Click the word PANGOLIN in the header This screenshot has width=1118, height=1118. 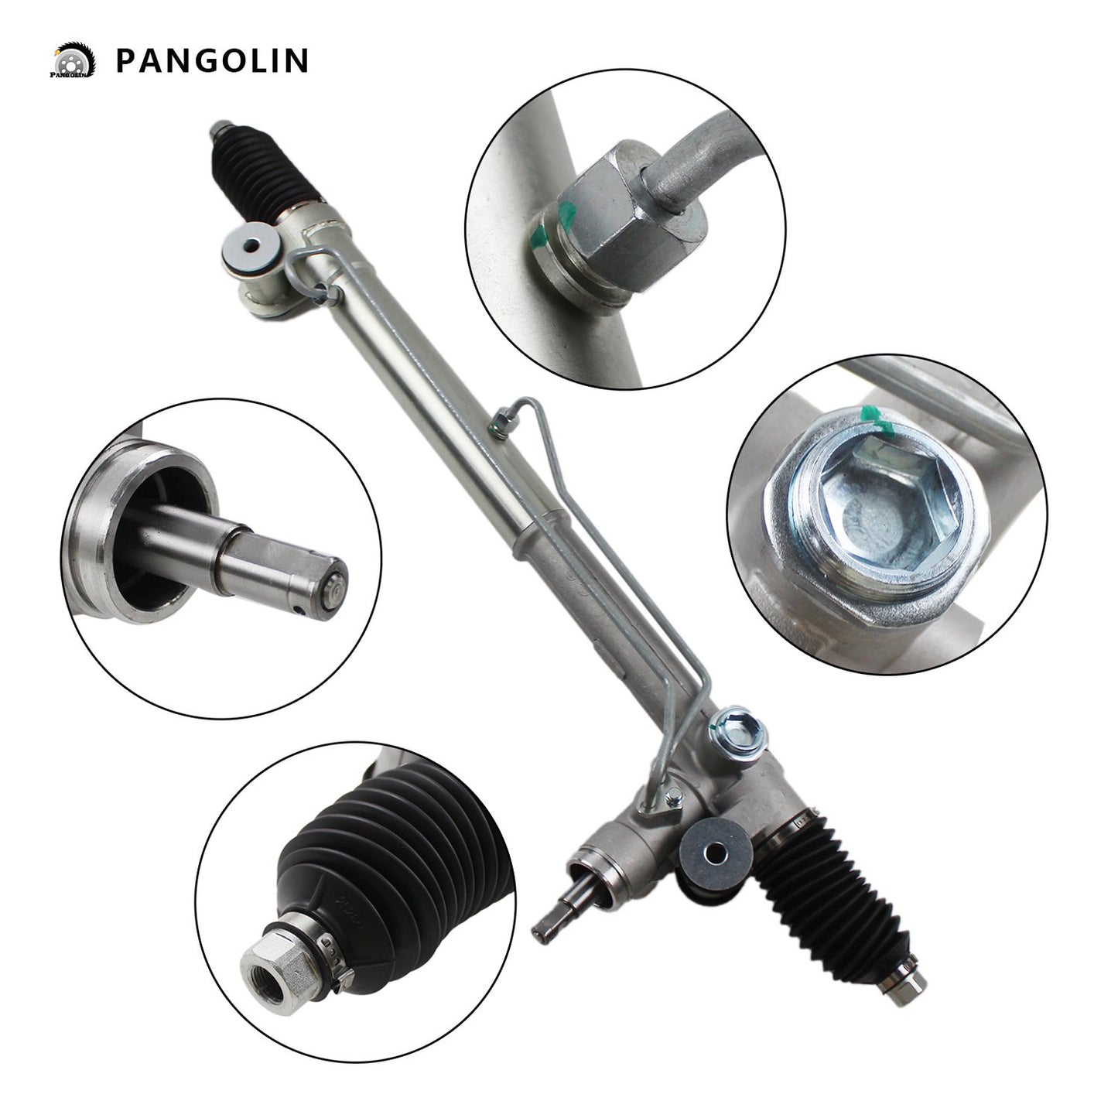click(x=211, y=60)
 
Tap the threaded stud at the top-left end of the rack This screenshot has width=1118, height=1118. click(x=219, y=128)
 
